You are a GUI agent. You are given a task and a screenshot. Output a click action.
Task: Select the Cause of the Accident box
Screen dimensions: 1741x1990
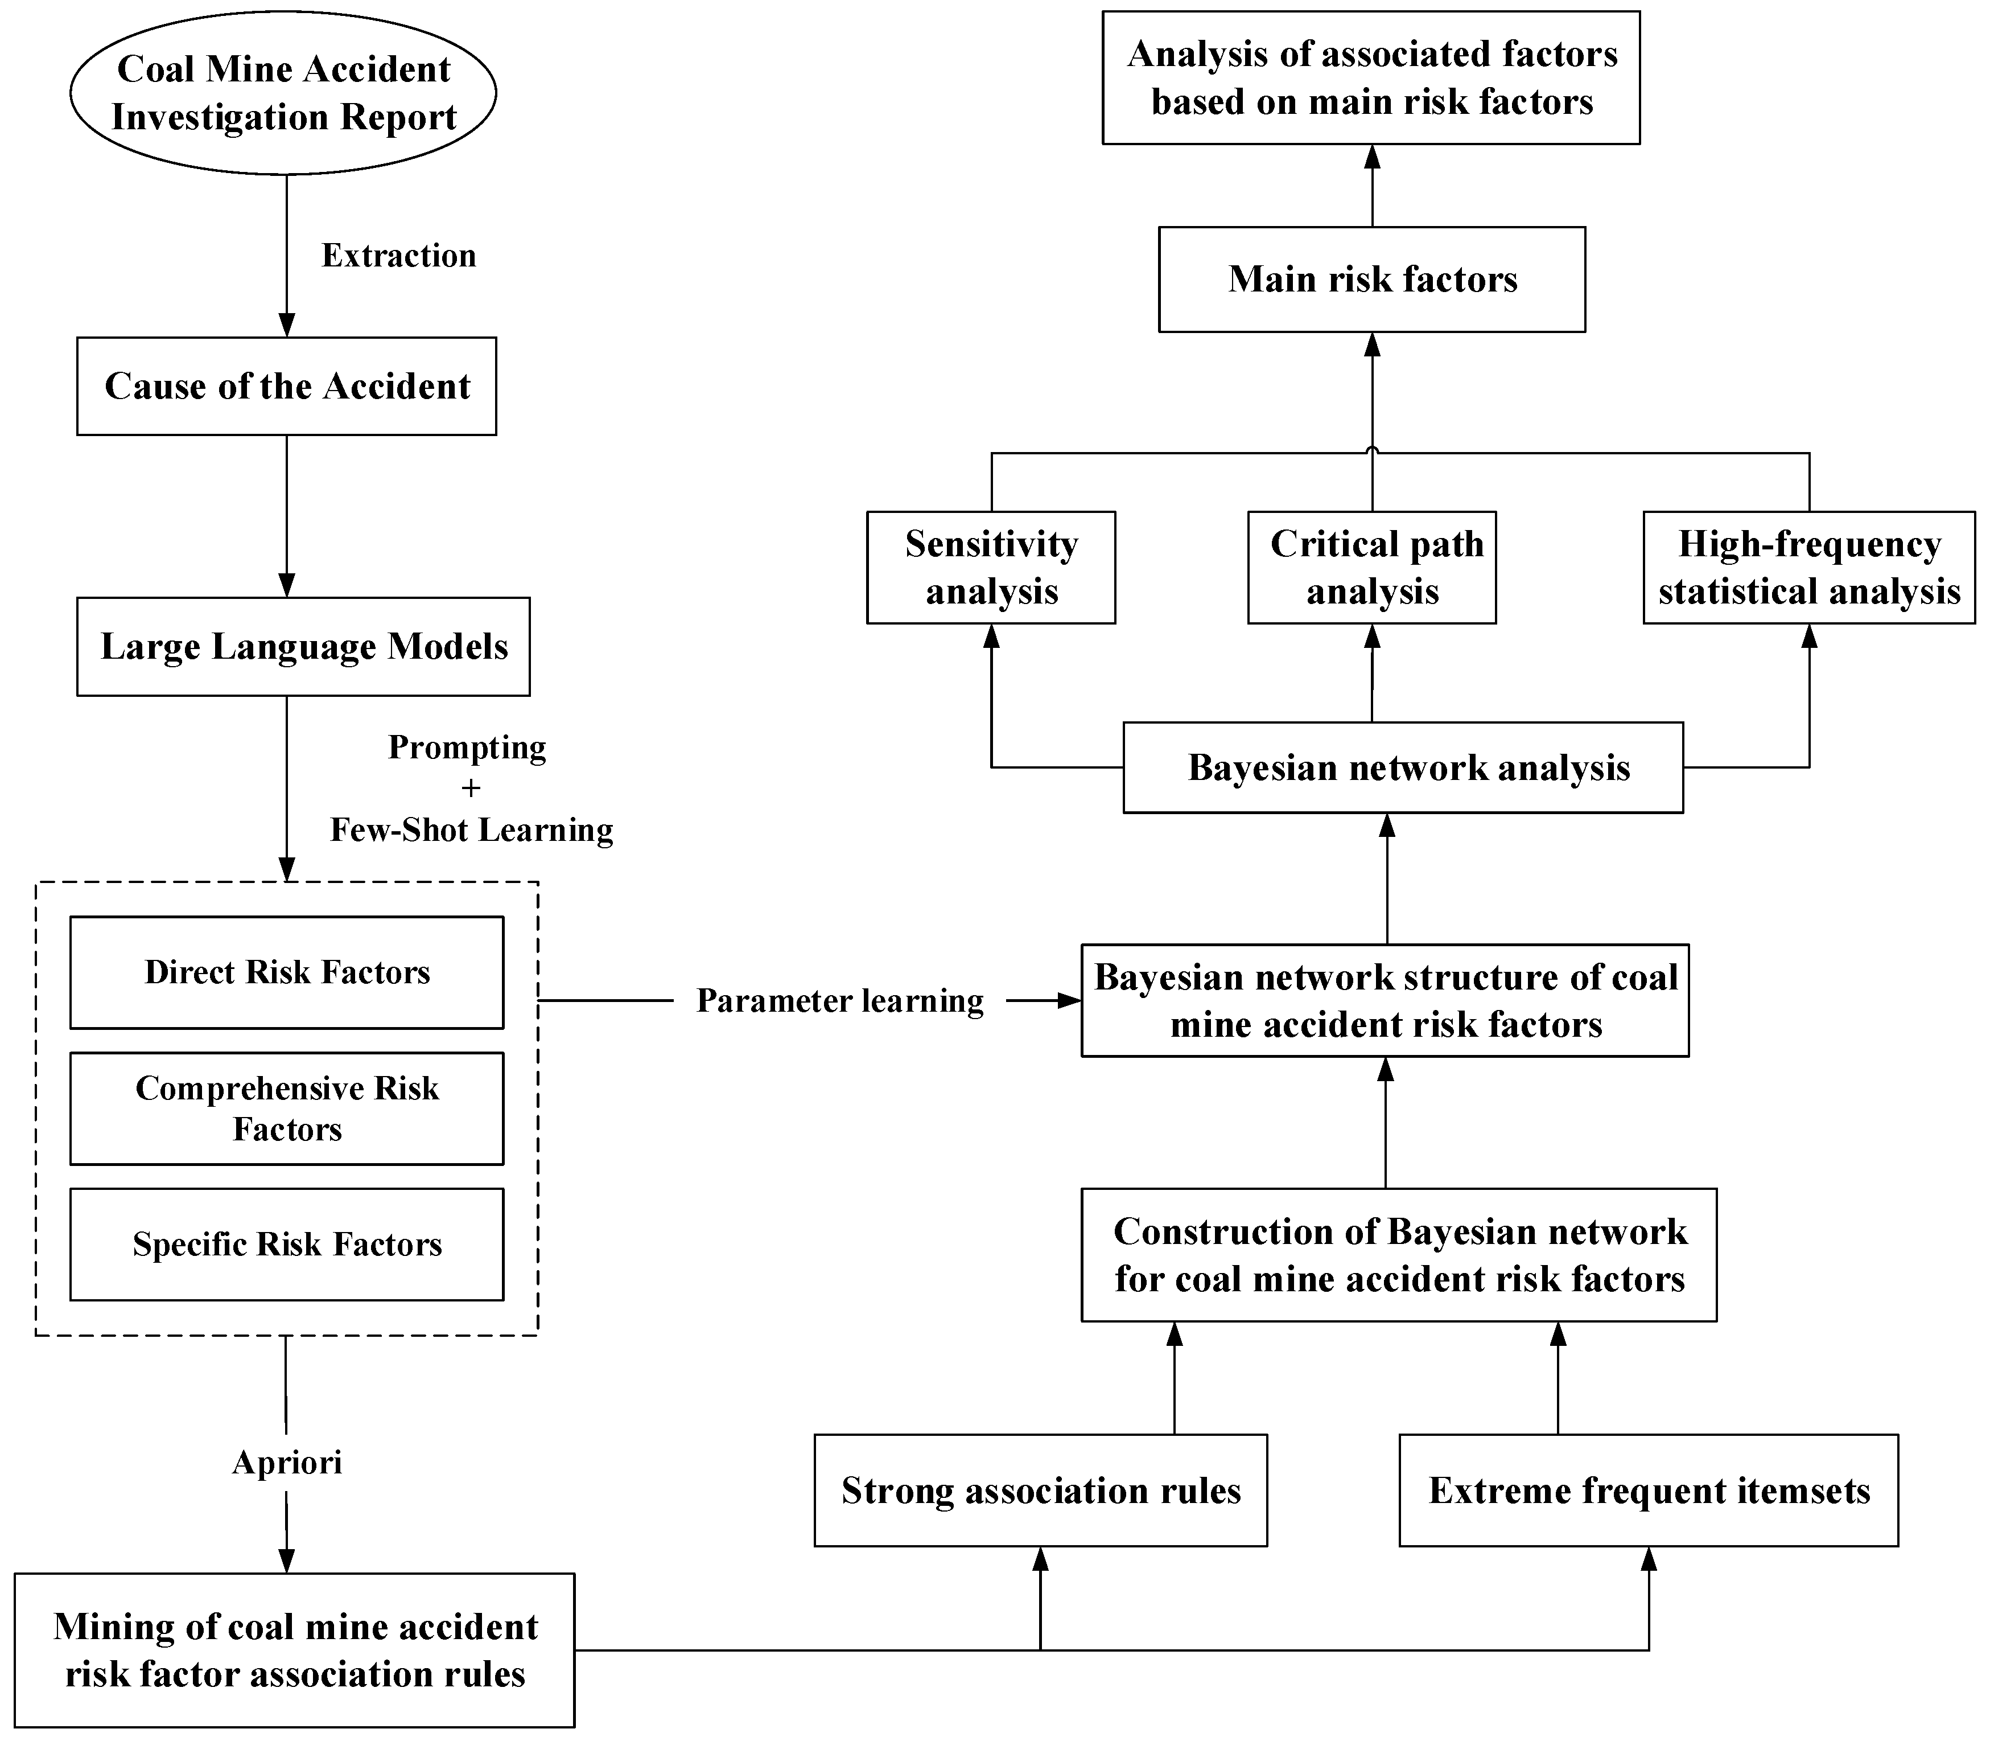click(286, 385)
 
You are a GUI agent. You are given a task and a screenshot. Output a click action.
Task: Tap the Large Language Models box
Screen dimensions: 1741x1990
click(303, 646)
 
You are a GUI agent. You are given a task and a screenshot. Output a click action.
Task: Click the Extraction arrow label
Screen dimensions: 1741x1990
click(398, 256)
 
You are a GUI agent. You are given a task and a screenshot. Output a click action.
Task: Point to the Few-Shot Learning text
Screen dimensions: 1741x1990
click(471, 830)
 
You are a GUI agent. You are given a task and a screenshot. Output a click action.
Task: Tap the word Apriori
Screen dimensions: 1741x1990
click(286, 1462)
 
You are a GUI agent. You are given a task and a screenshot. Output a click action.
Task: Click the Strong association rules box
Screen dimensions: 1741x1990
click(1040, 1490)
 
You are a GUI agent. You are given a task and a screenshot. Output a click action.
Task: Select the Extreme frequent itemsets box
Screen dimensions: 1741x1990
click(1648, 1490)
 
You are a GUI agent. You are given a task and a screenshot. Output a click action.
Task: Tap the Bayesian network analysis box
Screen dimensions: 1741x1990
click(1402, 767)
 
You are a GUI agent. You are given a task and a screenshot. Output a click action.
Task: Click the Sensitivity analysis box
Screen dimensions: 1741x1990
click(991, 568)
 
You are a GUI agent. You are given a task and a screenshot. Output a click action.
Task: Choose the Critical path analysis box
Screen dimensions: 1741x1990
click(1371, 568)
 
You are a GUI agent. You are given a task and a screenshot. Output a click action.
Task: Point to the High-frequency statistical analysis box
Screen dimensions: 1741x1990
click(1808, 568)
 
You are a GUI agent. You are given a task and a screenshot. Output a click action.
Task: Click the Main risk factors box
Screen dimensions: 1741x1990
click(1371, 279)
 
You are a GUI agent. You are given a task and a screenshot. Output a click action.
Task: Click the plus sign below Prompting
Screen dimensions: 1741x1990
click(471, 788)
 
